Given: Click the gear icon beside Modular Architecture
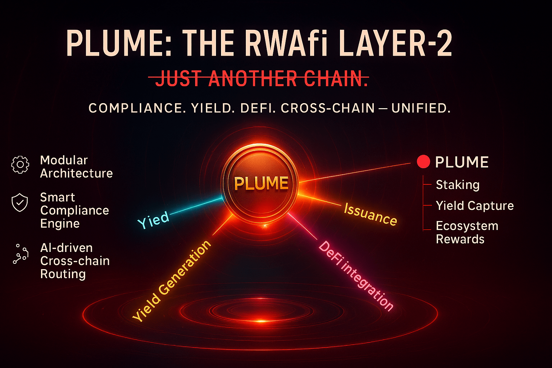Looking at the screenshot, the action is point(20,165).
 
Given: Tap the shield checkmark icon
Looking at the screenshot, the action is point(20,203).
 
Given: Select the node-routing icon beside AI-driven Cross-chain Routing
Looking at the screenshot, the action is point(20,254).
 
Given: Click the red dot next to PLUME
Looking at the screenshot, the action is point(423,162).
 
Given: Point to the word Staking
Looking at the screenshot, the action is point(457,185).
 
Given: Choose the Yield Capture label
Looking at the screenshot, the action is point(475,206).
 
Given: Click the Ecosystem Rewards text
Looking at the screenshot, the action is point(467,233).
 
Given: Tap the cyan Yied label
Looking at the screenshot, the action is point(153,220).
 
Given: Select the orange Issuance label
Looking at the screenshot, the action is point(370,214).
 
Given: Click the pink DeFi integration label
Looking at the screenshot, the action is point(356,275).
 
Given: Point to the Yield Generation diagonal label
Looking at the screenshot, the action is point(171,281).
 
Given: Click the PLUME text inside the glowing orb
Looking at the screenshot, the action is point(261,183).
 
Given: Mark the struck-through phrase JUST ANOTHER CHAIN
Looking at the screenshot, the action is point(262,79).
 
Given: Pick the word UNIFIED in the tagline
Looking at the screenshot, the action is point(420,108).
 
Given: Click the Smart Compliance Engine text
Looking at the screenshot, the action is point(74,210).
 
